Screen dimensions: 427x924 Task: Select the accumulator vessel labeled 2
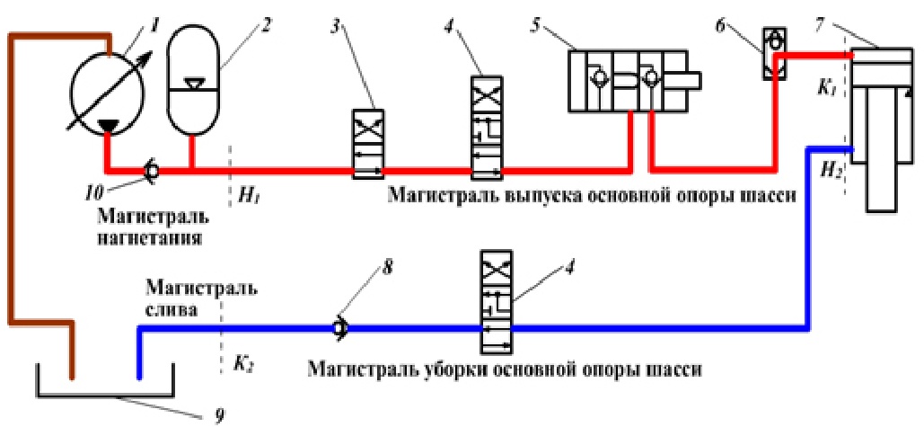point(190,81)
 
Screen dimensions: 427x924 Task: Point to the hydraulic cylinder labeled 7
point(884,126)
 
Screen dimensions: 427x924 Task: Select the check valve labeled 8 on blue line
point(340,329)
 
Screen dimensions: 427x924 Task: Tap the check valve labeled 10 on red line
point(153,168)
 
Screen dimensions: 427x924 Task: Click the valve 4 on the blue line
point(497,303)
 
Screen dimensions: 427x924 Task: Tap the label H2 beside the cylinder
point(829,169)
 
